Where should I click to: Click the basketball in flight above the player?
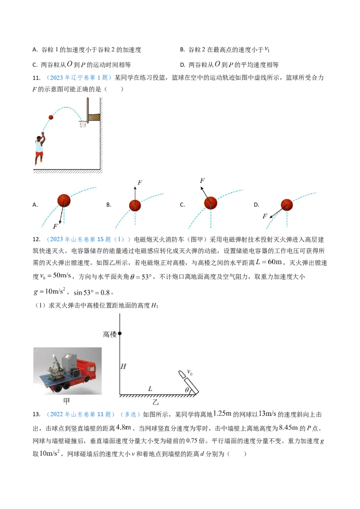click(x=51, y=117)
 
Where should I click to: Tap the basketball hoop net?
click(x=83, y=124)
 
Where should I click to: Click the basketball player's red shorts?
click(x=39, y=154)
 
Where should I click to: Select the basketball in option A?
click(x=64, y=201)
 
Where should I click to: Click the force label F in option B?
click(x=139, y=183)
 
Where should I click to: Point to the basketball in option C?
click(x=211, y=203)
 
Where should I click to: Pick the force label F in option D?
click(x=265, y=216)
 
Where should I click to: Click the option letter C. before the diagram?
click(x=182, y=205)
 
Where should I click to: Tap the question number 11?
click(x=36, y=78)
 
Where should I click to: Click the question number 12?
click(x=36, y=240)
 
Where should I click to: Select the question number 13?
click(x=36, y=414)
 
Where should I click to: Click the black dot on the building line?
click(x=120, y=333)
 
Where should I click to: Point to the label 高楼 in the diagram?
click(x=109, y=335)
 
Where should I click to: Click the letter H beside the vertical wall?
click(x=123, y=366)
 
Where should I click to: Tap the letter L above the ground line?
click(x=150, y=388)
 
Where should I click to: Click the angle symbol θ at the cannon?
click(x=187, y=390)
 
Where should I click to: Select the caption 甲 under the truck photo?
click(x=67, y=401)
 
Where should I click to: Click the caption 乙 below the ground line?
click(x=156, y=402)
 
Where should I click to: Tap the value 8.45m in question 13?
click(x=288, y=428)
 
